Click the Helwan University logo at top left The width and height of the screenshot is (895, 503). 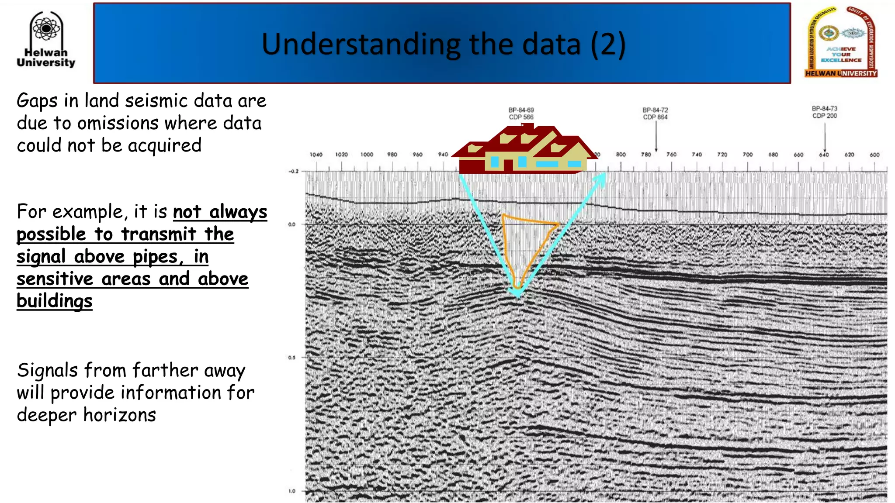[46, 40]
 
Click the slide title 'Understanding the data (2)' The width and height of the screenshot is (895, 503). [443, 44]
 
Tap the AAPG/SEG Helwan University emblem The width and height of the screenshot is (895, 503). [841, 42]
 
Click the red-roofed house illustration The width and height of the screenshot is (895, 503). [524, 149]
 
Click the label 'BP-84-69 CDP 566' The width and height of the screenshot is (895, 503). [521, 114]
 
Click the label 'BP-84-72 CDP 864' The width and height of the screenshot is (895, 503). [655, 114]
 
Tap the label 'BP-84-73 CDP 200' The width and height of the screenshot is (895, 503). [825, 112]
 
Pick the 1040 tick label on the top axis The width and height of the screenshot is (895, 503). [316, 155]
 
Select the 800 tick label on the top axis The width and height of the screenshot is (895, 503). [621, 155]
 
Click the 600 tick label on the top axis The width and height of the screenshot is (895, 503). [874, 155]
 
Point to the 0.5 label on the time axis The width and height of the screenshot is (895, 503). [291, 358]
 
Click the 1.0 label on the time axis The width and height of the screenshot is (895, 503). [291, 491]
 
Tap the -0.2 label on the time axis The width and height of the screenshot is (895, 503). [293, 171]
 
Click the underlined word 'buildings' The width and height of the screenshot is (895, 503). [55, 301]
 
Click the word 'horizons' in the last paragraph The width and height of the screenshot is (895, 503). [119, 415]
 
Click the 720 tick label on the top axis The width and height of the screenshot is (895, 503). [722, 155]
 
